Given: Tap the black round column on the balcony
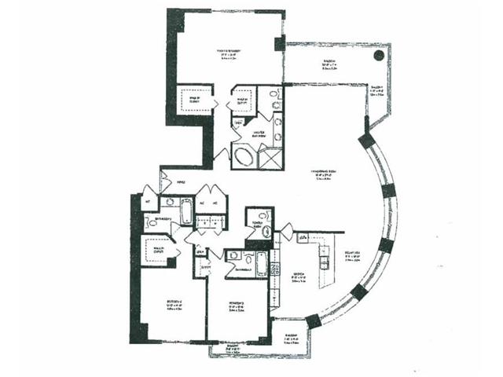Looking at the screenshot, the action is click(x=379, y=56).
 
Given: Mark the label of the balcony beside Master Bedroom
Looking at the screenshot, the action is click(x=314, y=66).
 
